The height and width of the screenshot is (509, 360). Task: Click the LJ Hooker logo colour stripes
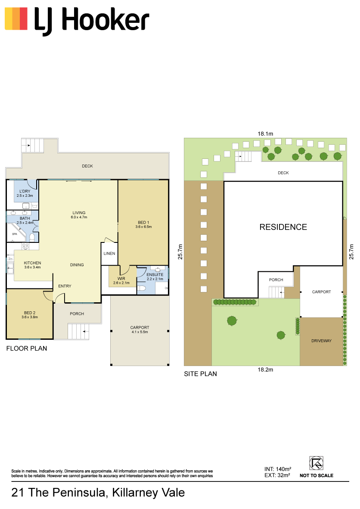16,19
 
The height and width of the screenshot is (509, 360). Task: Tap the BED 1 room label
143,222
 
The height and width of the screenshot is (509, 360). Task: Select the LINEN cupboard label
109,254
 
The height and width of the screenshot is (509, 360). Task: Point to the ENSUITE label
155,275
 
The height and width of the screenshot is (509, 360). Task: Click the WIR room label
121,279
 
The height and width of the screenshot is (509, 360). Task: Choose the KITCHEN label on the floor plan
32,263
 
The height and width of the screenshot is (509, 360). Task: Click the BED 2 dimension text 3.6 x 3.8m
30,317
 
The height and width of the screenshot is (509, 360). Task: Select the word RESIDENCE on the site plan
283,227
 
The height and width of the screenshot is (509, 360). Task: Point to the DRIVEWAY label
321,341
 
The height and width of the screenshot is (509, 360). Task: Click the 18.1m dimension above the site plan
266,134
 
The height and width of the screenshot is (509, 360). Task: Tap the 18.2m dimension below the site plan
266,370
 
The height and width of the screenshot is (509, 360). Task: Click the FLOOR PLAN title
27,348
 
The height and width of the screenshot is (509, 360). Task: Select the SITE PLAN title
200,374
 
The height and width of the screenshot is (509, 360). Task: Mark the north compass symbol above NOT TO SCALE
316,463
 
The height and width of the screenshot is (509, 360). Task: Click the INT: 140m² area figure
278,469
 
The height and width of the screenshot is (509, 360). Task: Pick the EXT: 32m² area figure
277,475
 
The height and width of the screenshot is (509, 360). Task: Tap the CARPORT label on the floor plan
140,328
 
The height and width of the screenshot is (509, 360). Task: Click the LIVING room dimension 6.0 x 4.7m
79,217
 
